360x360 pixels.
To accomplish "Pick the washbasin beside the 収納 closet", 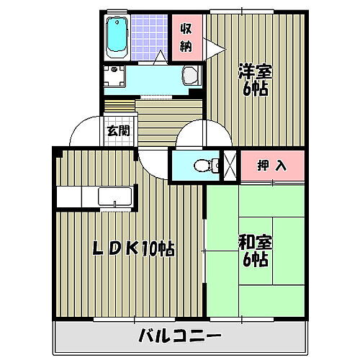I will pos(190,75).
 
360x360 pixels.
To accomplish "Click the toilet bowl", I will pos(206,165).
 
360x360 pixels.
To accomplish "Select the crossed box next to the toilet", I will pos(231,164).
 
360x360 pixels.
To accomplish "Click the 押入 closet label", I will pos(272,165).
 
